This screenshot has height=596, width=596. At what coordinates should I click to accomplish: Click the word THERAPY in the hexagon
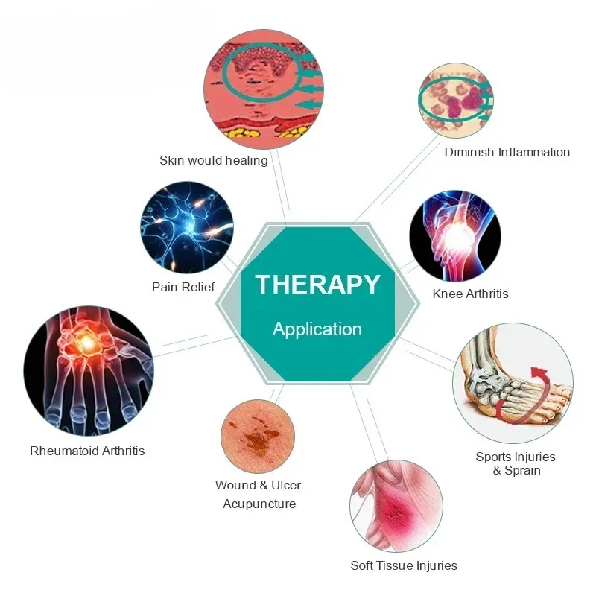click(x=317, y=284)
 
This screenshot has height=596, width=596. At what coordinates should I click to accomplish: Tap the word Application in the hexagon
click(x=317, y=329)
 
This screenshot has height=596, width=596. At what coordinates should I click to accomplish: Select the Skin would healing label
click(x=214, y=160)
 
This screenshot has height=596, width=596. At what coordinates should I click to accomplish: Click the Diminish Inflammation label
click(x=507, y=152)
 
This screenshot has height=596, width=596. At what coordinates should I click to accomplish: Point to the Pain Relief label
click(x=183, y=287)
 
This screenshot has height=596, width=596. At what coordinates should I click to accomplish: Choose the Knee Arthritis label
click(x=470, y=294)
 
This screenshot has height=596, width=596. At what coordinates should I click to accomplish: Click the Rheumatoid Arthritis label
click(x=87, y=451)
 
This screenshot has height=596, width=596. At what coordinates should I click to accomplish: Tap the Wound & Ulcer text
click(x=259, y=485)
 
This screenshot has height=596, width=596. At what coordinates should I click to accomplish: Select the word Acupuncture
click(x=259, y=504)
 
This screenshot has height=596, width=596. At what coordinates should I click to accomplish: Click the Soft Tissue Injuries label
click(x=404, y=565)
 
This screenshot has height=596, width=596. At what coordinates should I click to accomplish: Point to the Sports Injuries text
click(x=516, y=457)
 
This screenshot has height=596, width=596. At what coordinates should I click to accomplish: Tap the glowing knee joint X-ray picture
click(x=455, y=234)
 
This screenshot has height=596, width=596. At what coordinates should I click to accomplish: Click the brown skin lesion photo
click(x=258, y=437)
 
